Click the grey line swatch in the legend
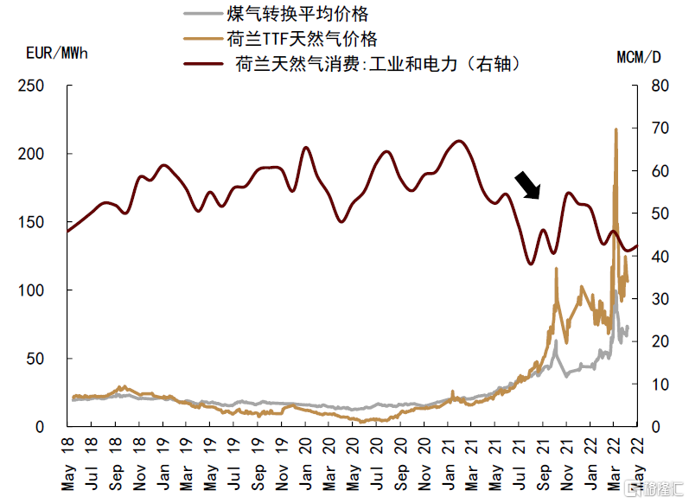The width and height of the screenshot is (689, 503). (202, 15)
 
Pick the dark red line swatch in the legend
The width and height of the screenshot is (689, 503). (202, 63)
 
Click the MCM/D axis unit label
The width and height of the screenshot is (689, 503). (640, 58)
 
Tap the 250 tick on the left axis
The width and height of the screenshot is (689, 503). (31, 86)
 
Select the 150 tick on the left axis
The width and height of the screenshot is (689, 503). (31, 223)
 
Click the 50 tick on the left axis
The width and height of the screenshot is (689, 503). (35, 359)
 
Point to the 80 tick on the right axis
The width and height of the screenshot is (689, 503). (659, 86)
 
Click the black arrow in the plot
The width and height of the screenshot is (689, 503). (526, 184)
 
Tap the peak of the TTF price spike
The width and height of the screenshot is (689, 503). (616, 130)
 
